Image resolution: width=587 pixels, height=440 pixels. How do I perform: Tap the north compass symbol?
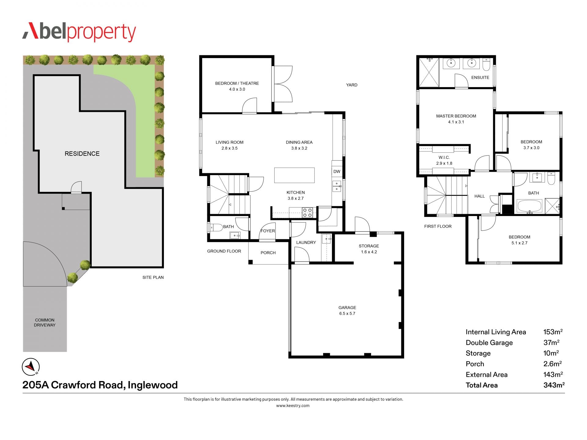point(31,367)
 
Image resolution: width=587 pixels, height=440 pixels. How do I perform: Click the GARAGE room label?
point(347,307)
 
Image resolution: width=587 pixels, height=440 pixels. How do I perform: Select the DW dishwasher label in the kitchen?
point(337,171)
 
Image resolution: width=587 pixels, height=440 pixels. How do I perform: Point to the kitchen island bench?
point(294,175)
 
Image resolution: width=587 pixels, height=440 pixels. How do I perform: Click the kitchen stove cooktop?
point(307,213)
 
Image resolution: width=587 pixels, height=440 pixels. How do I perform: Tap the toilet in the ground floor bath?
point(216,227)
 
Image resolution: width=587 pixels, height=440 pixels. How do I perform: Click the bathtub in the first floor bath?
point(529,206)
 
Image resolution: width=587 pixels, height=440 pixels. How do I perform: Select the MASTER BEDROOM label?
point(456,116)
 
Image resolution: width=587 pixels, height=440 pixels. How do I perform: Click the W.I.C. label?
point(444,157)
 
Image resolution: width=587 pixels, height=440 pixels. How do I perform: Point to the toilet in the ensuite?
point(486,65)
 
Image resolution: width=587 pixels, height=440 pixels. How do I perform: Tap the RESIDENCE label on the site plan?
point(82,154)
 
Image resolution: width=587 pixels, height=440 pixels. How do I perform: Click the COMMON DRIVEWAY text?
point(45,323)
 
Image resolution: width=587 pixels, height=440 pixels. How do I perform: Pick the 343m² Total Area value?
point(554,385)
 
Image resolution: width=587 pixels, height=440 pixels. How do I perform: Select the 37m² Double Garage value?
point(551,343)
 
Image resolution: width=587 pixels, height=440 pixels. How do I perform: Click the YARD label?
point(352,85)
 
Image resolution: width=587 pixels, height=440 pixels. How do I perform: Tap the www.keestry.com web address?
point(293,406)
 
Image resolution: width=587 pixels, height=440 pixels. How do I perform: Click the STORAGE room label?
point(369,246)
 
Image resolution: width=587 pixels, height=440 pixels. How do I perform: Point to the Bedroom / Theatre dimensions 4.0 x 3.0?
point(237,89)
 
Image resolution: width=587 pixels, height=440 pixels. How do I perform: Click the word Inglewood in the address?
point(153,385)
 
